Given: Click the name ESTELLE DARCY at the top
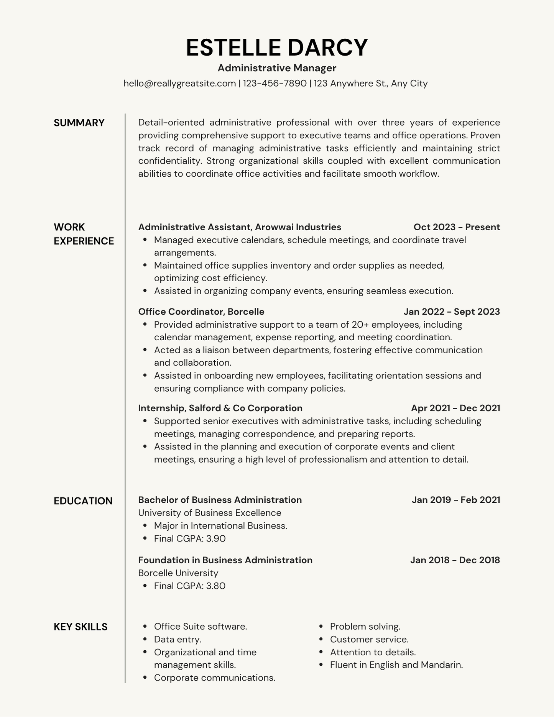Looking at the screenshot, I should pyautogui.click(x=277, y=48).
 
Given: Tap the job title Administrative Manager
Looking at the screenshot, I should pyautogui.click(x=277, y=68).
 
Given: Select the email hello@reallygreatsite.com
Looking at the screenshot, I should pyautogui.click(x=179, y=84).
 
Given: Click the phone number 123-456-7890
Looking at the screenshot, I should pyautogui.click(x=275, y=84).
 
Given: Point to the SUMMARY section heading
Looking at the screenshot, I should pyautogui.click(x=79, y=123).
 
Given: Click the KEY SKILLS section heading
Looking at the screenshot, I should pyautogui.click(x=81, y=627).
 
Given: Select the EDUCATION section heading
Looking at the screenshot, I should pyautogui.click(x=83, y=501).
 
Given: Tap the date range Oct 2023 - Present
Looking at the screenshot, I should pyautogui.click(x=456, y=227).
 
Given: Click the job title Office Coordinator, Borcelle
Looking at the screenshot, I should pyautogui.click(x=201, y=312).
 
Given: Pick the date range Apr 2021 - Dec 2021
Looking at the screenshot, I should pyautogui.click(x=455, y=408).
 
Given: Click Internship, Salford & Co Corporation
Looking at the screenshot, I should pyautogui.click(x=220, y=408).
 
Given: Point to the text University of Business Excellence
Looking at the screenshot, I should pyautogui.click(x=209, y=513).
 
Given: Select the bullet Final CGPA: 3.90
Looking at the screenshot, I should pyautogui.click(x=190, y=538).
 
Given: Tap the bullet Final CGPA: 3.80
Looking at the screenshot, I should pyautogui.click(x=190, y=586).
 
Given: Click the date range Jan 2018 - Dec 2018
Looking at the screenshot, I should pyautogui.click(x=455, y=560).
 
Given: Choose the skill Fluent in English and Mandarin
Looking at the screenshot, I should pyautogui.click(x=396, y=665).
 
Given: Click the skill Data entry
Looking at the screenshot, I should pyautogui.click(x=178, y=639).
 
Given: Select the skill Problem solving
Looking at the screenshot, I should pyautogui.click(x=365, y=627).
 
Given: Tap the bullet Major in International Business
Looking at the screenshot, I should pyautogui.click(x=220, y=526).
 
